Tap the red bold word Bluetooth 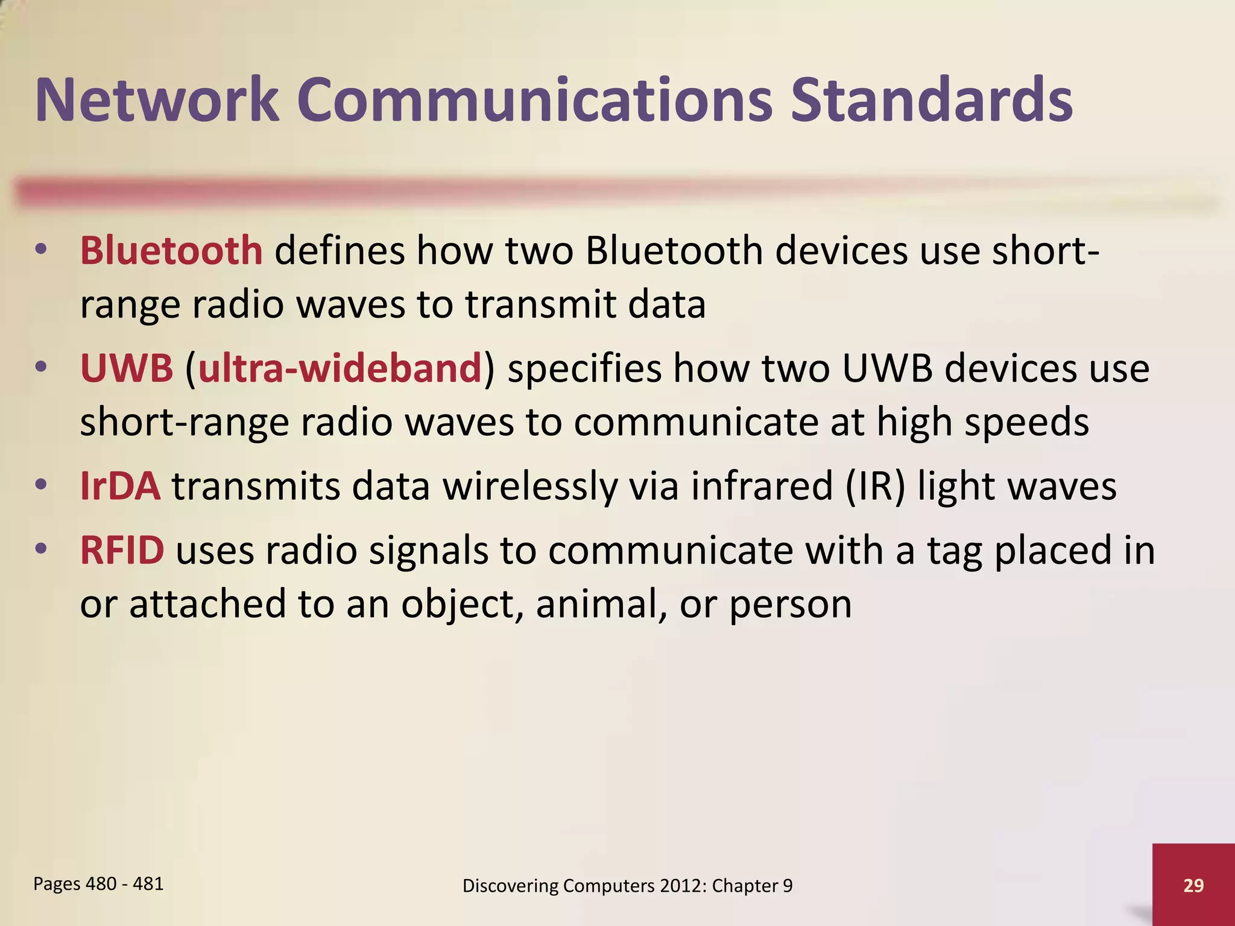[171, 250]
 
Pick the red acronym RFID [122, 550]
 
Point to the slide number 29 [1193, 885]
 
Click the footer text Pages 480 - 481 [98, 884]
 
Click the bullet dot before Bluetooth [40, 249]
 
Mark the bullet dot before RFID [40, 549]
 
